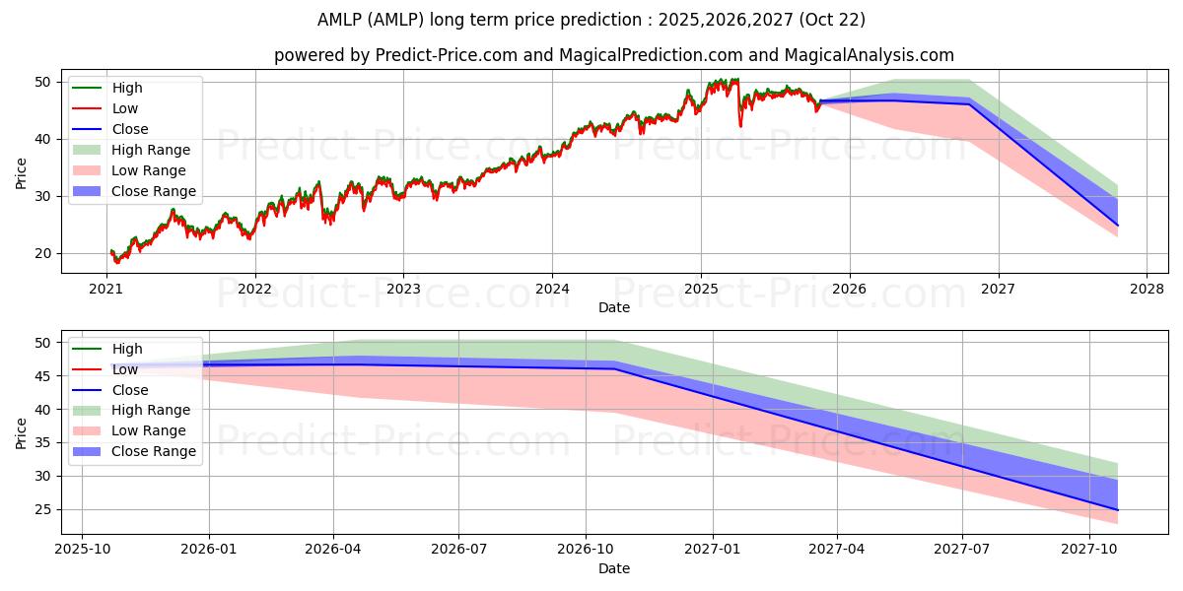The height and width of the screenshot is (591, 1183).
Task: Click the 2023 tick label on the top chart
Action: (x=403, y=290)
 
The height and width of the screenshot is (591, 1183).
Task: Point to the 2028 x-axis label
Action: (x=1147, y=290)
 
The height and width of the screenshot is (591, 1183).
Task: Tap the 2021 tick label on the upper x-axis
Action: (x=105, y=290)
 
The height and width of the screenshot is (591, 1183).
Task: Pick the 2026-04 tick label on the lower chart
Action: (x=333, y=550)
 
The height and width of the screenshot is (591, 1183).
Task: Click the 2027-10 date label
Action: (x=1089, y=550)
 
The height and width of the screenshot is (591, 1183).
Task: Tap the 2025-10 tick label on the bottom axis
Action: (x=83, y=550)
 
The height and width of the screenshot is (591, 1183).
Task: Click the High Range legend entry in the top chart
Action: (x=131, y=150)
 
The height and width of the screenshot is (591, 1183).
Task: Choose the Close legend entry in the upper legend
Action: (x=110, y=129)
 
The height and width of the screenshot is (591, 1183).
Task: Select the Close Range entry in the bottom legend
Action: (x=134, y=452)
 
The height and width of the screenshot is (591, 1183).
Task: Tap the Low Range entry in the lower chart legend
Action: (x=129, y=430)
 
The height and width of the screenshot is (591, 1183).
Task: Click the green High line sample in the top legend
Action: (x=87, y=88)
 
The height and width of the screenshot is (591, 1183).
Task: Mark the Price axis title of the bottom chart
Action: (x=21, y=433)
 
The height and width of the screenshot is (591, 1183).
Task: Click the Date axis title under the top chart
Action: (x=613, y=307)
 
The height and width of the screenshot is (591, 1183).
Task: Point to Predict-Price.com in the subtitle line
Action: (x=447, y=55)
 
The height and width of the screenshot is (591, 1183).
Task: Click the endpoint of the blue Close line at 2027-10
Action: (x=1118, y=510)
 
